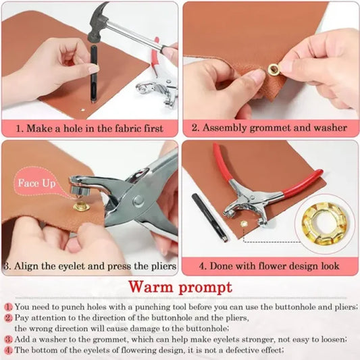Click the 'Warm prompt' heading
coord(180,287)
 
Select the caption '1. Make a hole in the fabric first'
coord(91,127)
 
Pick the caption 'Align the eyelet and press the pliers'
coord(95,265)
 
